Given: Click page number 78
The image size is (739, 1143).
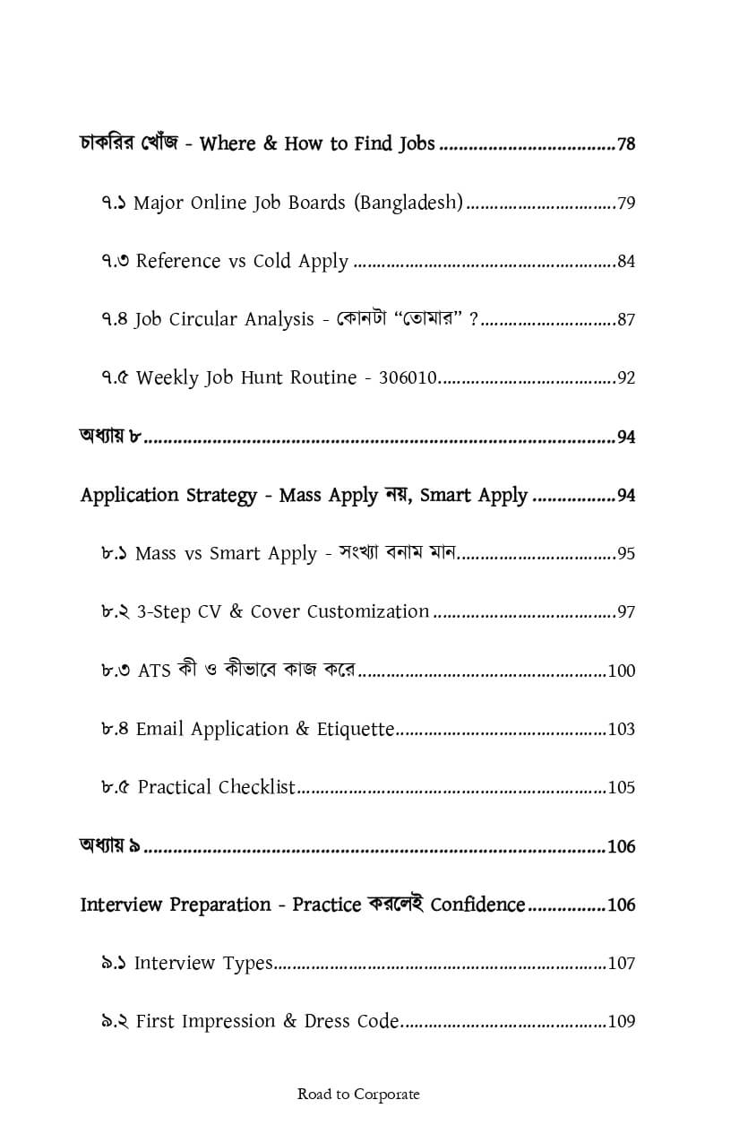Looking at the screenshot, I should (626, 144).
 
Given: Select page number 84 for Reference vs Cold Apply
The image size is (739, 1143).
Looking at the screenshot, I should (626, 262).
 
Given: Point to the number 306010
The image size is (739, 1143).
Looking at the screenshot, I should (408, 377).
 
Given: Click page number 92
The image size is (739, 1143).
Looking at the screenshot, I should (626, 378).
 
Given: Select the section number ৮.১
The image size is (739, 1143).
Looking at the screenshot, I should (115, 553).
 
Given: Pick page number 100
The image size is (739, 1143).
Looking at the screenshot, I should (621, 671).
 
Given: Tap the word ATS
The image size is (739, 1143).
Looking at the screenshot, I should (154, 671).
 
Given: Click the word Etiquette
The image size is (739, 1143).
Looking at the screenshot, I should (356, 729).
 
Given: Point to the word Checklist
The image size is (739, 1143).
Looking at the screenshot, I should (257, 787).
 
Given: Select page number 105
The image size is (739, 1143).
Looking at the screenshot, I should (621, 788).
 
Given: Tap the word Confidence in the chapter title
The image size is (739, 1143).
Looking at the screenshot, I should (477, 905).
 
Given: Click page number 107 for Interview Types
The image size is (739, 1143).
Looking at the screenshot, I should (621, 964).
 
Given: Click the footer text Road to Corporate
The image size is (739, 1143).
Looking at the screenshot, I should (358, 1094).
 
